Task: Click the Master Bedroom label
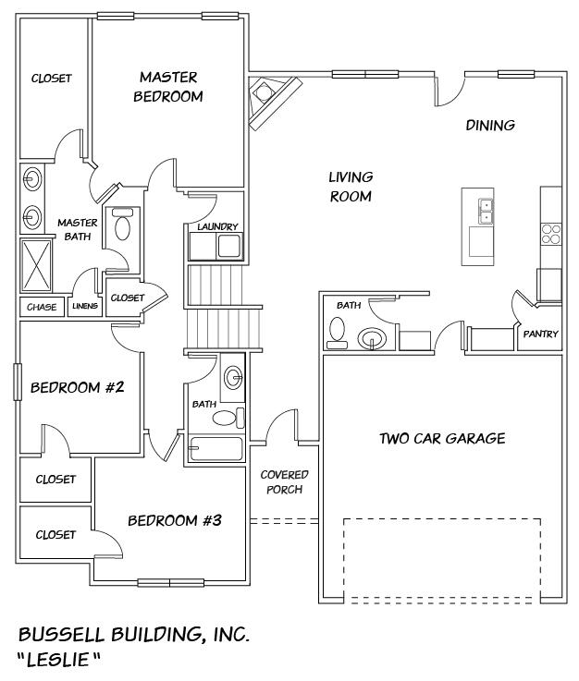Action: click(168, 87)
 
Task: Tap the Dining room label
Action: click(489, 126)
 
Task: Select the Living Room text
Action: click(351, 187)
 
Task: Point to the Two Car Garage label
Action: click(442, 438)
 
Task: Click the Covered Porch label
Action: click(284, 481)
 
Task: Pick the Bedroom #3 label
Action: click(175, 520)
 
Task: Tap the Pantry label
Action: click(540, 334)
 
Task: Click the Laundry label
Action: click(218, 226)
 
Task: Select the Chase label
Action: click(42, 307)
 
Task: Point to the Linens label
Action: click(85, 307)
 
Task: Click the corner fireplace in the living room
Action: click(270, 96)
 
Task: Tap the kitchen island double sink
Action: click(484, 211)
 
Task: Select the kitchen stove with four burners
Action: click(551, 233)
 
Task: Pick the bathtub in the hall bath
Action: click(215, 449)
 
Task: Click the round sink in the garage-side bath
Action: click(373, 338)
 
